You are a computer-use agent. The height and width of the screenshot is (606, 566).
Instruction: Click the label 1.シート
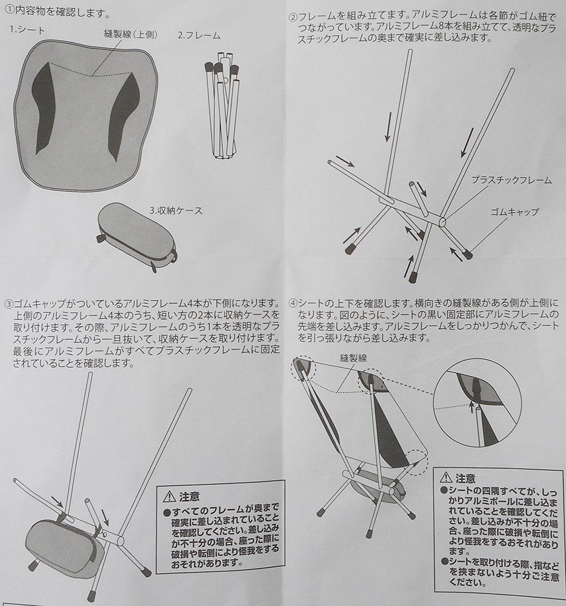point(27,30)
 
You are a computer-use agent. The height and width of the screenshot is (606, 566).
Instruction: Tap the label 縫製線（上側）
point(131,35)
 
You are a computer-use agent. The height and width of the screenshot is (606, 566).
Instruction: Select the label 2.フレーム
point(199,36)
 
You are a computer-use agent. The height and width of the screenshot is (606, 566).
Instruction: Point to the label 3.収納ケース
point(176,211)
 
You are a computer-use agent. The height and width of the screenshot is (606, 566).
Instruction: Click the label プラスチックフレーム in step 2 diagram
point(511,180)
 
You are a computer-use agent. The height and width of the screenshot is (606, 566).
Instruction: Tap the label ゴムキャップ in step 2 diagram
point(514,211)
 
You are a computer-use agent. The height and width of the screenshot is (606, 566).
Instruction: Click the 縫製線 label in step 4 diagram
point(353,358)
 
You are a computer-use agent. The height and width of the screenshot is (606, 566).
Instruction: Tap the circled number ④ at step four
point(293,302)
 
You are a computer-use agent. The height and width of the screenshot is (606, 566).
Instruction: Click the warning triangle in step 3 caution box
point(170,496)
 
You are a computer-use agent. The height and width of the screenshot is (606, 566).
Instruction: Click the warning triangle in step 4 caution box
point(446,478)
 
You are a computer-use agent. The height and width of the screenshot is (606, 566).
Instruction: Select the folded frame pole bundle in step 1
point(222,105)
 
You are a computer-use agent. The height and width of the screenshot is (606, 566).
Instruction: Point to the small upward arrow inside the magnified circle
point(471,407)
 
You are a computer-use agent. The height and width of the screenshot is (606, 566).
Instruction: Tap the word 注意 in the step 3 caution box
point(189,496)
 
